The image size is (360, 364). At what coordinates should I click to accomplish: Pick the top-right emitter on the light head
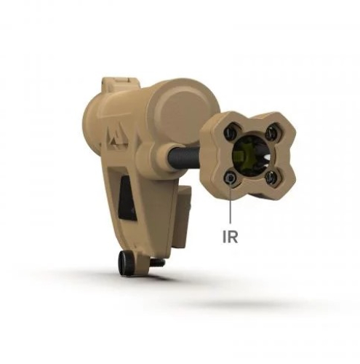[270, 131]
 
